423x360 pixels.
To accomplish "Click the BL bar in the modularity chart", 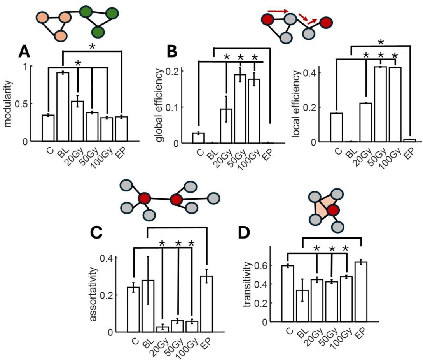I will (x=63, y=107).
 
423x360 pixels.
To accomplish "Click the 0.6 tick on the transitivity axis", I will (x=273, y=266).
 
